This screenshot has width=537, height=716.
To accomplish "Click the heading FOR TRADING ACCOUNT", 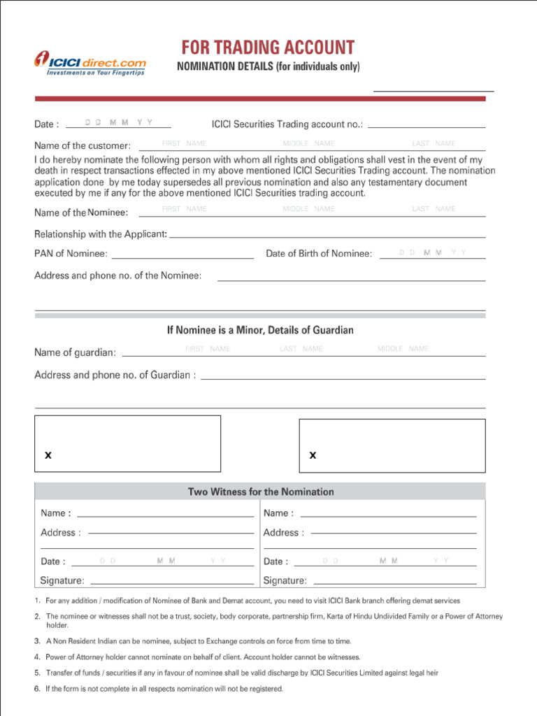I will (x=268, y=48).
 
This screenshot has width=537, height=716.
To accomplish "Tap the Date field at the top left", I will (x=118, y=124).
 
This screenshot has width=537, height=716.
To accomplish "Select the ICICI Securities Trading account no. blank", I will (x=426, y=124).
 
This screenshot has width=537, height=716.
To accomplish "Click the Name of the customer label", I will (x=83, y=146).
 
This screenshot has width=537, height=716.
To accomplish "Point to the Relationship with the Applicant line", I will (x=327, y=235).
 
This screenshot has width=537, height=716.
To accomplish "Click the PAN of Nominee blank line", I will (x=182, y=255).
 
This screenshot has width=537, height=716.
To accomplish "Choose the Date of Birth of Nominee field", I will (x=432, y=254).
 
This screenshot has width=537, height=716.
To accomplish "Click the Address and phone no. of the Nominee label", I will (x=118, y=275).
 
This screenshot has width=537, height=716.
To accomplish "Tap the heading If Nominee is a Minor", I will (x=260, y=330).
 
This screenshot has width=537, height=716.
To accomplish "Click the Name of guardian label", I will (x=76, y=353).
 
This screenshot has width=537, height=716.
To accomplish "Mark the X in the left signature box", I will (x=48, y=455).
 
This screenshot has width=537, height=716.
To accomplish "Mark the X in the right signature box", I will (x=313, y=455).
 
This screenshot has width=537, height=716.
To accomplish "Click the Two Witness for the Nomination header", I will (x=261, y=492).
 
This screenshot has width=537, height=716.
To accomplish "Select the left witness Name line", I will (x=165, y=514).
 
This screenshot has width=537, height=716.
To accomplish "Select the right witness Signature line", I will (x=394, y=581).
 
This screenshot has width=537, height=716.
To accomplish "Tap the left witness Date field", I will (x=162, y=561).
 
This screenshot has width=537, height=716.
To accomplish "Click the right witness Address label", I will (x=283, y=533).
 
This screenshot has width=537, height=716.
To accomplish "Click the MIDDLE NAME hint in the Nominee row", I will (x=308, y=209).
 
